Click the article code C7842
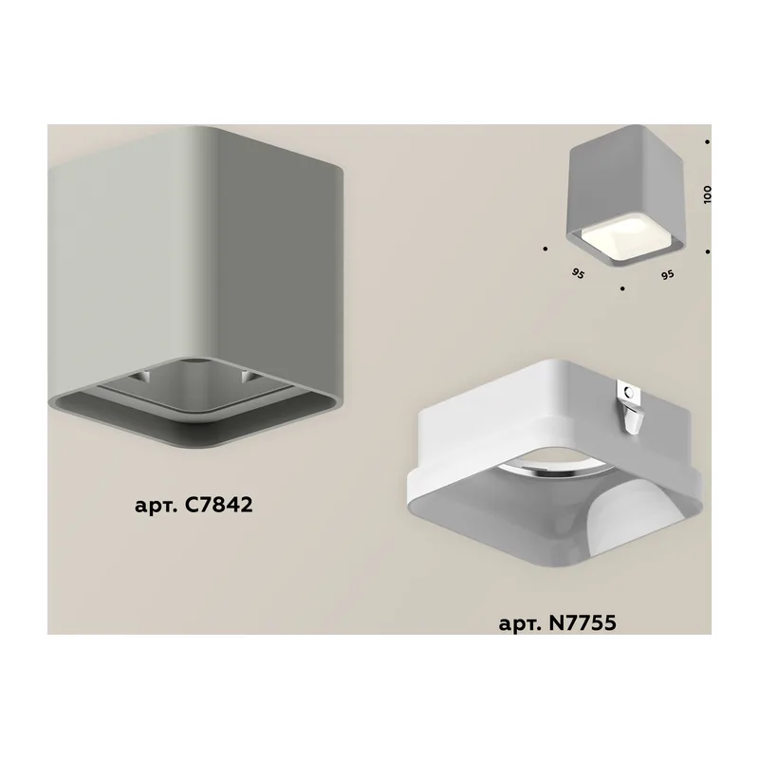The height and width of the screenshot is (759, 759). click(x=218, y=505)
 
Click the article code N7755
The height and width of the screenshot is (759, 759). click(x=583, y=622)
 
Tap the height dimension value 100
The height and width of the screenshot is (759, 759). click(x=708, y=194)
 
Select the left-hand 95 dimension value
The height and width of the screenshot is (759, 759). click(x=578, y=274)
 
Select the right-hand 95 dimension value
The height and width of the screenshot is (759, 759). click(x=668, y=275)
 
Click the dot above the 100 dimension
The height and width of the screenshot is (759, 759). click(x=707, y=142)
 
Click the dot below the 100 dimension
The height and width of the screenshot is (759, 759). click(x=707, y=251)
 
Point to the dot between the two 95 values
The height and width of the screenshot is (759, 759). click(x=622, y=288)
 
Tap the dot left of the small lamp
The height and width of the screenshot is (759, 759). click(x=545, y=249)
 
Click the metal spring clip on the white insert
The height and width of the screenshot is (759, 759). click(x=630, y=405)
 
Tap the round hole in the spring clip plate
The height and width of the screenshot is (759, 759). click(x=628, y=391)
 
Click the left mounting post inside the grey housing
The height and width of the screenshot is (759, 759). click(x=144, y=376)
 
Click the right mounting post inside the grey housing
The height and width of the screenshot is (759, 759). click(x=247, y=376)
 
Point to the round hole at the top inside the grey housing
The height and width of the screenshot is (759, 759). click(x=195, y=361)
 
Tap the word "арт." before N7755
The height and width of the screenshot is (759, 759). click(x=520, y=623)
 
